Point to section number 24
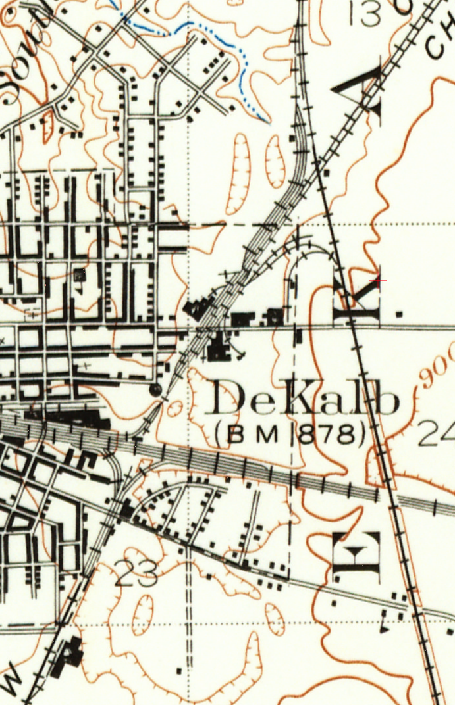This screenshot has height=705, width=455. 436,434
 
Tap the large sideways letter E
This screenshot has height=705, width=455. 356,558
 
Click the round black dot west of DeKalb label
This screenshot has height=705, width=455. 156,391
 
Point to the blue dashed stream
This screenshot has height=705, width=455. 198,33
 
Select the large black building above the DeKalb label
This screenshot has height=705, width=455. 217,347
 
